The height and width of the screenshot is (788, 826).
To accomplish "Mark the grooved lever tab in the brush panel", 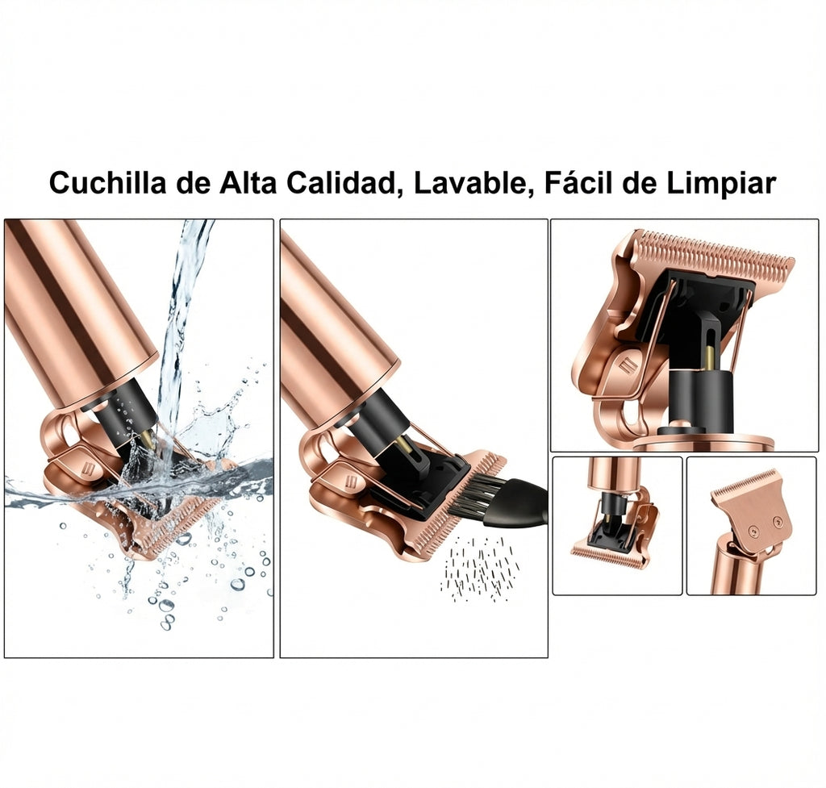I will pyautogui.click(x=351, y=481).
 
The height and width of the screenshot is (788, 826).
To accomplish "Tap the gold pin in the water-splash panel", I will pyautogui.click(x=148, y=439).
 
